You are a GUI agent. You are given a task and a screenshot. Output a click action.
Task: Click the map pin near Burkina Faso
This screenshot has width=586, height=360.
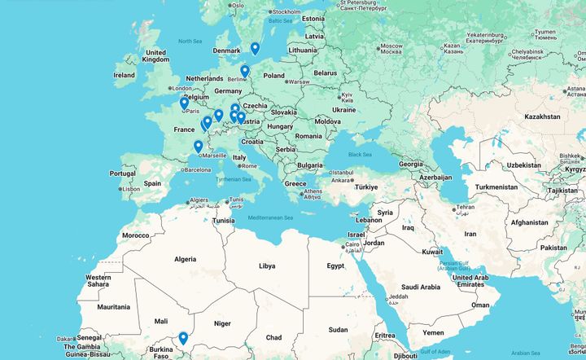[183, 338]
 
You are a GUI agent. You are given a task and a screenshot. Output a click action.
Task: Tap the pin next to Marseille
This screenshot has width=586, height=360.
[198, 147]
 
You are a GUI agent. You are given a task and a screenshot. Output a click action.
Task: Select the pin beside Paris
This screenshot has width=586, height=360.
[184, 103]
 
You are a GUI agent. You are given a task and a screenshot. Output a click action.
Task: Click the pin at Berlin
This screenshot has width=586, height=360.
[244, 71]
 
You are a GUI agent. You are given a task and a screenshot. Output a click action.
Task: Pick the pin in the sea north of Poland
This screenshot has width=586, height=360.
[255, 48]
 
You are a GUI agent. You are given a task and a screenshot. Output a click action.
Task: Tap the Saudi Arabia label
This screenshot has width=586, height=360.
[420, 287]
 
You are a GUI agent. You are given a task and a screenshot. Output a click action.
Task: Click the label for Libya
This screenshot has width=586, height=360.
[266, 266]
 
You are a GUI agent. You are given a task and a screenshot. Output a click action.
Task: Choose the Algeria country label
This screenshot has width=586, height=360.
[185, 259]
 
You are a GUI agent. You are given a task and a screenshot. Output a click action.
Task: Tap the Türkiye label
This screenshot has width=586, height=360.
[367, 187]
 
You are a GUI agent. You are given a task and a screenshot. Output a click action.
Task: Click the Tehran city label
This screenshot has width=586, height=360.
[465, 208]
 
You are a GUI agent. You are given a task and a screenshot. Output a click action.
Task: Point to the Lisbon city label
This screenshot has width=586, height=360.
[130, 189]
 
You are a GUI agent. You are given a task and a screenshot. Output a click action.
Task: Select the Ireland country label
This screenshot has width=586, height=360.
[124, 75]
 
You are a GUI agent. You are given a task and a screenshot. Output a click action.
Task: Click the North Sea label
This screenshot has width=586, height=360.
[190, 42]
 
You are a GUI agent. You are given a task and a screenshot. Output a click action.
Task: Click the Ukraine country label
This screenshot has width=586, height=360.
[343, 109]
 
